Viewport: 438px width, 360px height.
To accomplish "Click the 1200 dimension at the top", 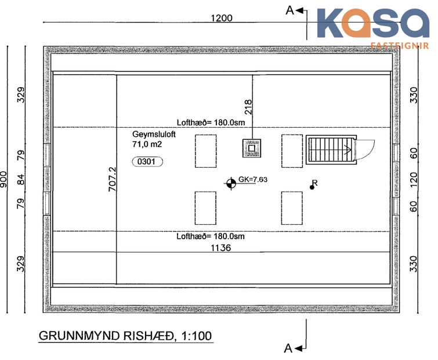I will (221, 17).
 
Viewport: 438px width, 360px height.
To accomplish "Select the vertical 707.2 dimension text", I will (113, 179).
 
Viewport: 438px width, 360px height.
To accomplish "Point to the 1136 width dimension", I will (220, 247).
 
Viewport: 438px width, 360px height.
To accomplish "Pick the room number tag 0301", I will (148, 162).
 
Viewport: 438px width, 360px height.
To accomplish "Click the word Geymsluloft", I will (153, 134).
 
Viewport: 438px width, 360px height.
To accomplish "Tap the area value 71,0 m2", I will (148, 143).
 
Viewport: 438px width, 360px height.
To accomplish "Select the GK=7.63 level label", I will (253, 179).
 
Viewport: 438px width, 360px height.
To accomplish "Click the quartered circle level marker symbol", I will (231, 183).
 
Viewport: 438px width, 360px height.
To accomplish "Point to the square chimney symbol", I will (252, 149).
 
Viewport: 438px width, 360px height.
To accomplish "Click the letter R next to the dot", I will (314, 183).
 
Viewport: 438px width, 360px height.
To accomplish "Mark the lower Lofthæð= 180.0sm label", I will (211, 236).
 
